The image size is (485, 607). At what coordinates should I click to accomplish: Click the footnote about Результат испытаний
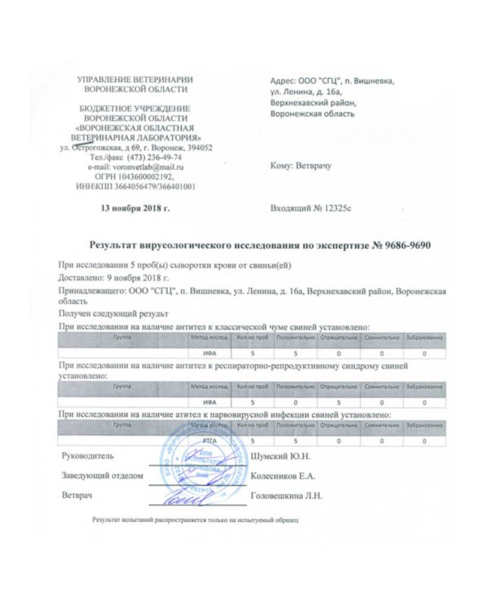point(196,522)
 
